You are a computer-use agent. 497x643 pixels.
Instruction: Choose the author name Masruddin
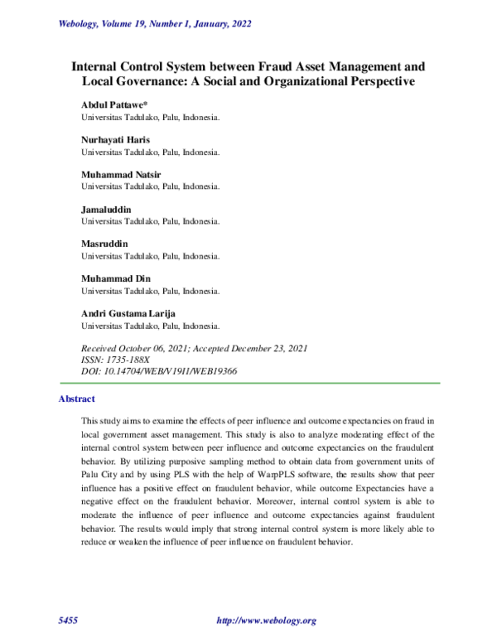point(104,244)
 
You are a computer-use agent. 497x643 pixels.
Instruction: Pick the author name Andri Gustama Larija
point(128,314)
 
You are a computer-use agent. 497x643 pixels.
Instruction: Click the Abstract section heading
point(77,399)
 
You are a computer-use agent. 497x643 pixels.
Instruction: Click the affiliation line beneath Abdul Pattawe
point(150,118)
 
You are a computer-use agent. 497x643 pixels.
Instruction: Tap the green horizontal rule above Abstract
point(248,383)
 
